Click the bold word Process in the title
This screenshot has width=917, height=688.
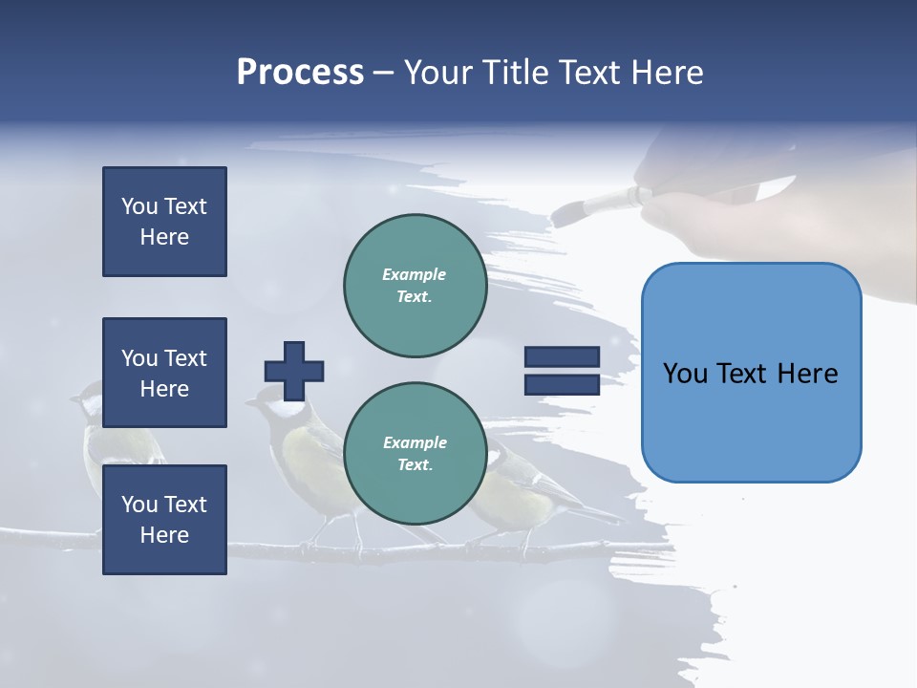click(x=300, y=73)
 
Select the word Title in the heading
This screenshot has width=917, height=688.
click(x=514, y=73)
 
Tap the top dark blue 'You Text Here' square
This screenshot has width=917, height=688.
click(x=164, y=222)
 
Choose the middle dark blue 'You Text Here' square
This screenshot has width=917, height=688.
click(x=164, y=373)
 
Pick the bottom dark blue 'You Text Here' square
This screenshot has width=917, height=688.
click(x=164, y=520)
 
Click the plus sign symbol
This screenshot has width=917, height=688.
click(x=294, y=371)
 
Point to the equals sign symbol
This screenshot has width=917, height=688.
click(x=562, y=371)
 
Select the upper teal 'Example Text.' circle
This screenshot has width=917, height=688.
click(x=415, y=286)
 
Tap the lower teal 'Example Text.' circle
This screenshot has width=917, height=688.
click(x=415, y=454)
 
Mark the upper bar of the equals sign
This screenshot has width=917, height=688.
click(x=562, y=357)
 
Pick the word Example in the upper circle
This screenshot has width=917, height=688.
click(x=415, y=274)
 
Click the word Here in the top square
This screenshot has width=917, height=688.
click(x=164, y=237)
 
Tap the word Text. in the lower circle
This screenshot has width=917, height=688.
click(x=415, y=465)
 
